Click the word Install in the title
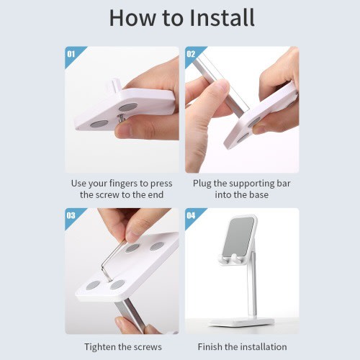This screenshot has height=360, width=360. (222, 17)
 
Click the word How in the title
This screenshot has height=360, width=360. (132, 18)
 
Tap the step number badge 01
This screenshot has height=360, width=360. (71, 54)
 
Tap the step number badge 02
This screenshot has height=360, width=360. (191, 54)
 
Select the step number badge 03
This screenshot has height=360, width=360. (71, 215)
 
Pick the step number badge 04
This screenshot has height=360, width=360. (191, 215)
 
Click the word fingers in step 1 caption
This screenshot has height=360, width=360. (124, 184)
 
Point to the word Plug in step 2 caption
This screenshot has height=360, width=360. (202, 184)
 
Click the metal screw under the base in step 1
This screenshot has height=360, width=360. (121, 118)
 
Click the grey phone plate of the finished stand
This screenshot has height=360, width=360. (238, 237)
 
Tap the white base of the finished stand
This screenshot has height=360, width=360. (241, 322)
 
